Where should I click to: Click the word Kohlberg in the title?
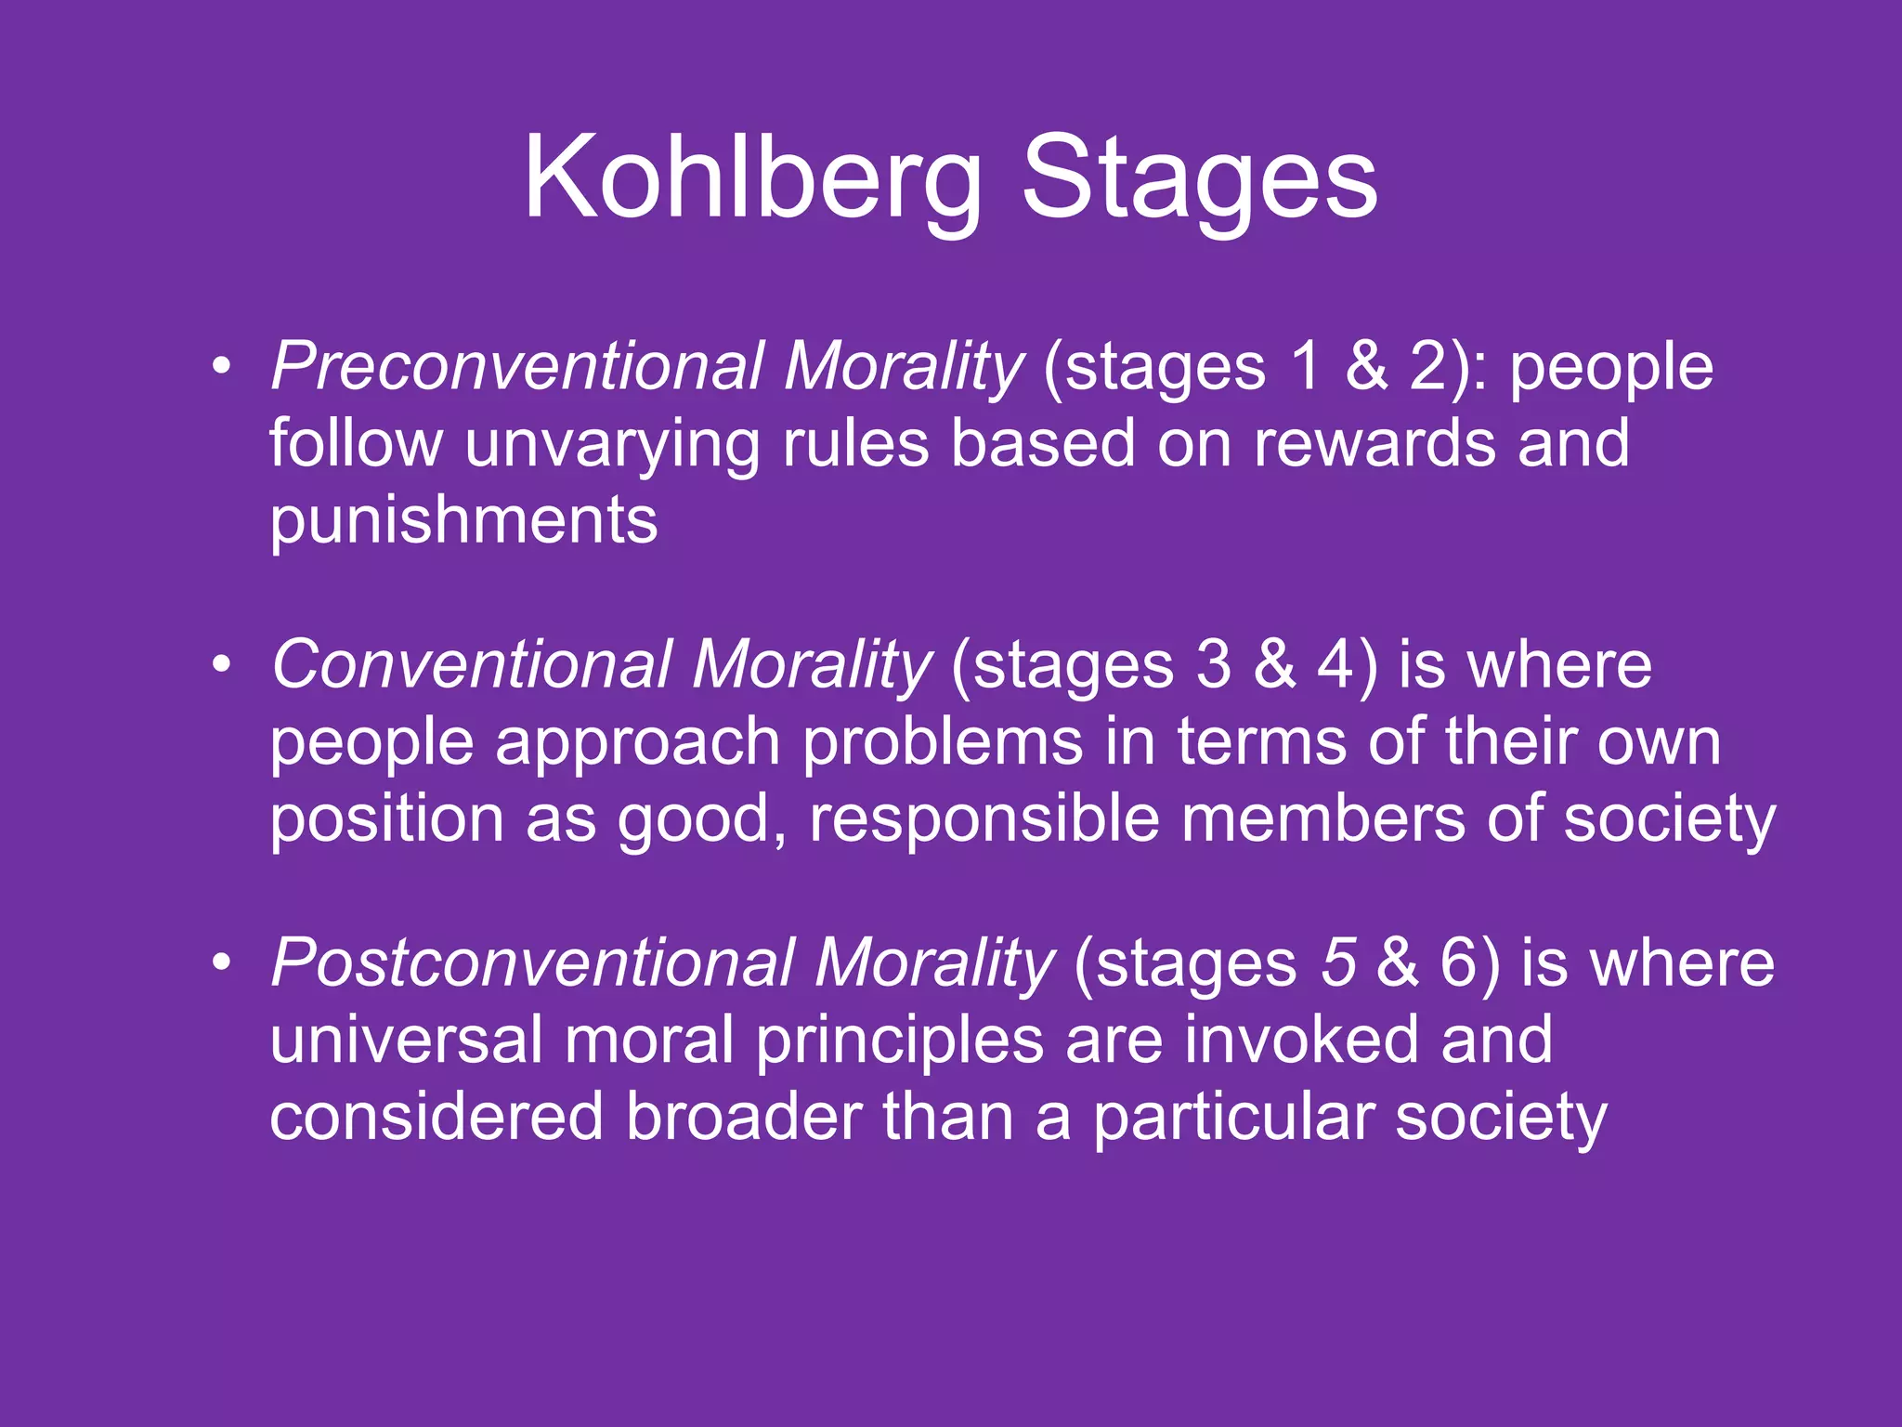tap(752, 178)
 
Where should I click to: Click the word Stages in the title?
tap(1199, 178)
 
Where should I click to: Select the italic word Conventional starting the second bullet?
tap(471, 665)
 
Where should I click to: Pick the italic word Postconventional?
tap(532, 963)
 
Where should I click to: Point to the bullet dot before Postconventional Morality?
tap(220, 963)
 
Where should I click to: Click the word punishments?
tap(463, 520)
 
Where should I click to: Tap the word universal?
tap(406, 1040)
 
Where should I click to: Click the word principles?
tap(899, 1041)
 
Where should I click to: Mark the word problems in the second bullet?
tap(943, 743)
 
